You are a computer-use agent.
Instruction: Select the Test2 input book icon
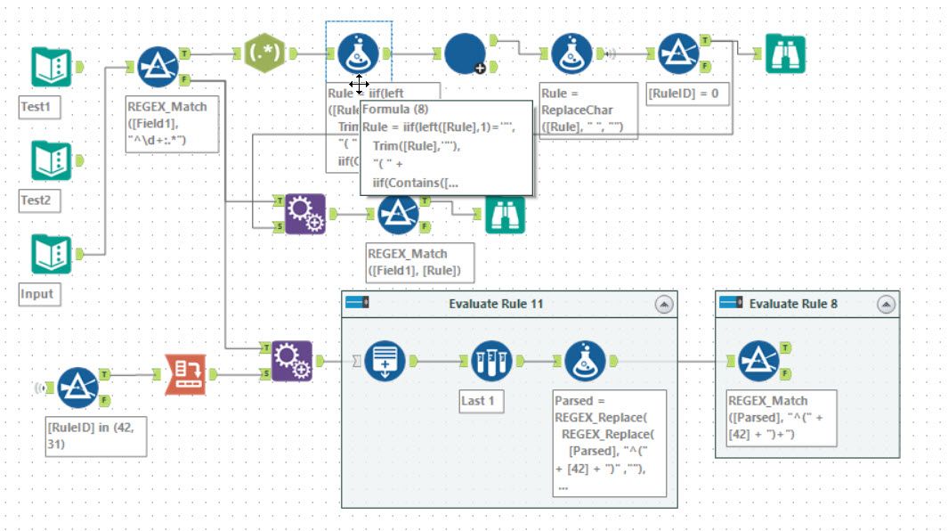[x=52, y=161]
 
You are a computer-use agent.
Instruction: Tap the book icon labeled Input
[x=52, y=255]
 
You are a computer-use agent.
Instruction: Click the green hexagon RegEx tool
[x=265, y=53]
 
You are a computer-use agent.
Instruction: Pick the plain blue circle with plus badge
[x=465, y=54]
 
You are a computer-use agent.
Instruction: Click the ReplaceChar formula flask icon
[x=571, y=54]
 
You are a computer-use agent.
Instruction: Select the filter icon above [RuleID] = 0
[x=679, y=54]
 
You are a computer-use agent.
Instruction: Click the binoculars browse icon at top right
[x=785, y=54]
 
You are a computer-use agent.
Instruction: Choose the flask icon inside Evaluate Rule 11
[x=585, y=362]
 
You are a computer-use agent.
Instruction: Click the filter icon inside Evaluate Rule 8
[x=759, y=362]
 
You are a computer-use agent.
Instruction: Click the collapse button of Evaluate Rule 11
[x=664, y=304]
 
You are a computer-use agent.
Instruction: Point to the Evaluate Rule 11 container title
[x=496, y=304]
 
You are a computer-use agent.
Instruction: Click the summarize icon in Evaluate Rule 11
[x=385, y=362]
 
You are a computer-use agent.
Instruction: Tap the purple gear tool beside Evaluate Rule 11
[x=292, y=361]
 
